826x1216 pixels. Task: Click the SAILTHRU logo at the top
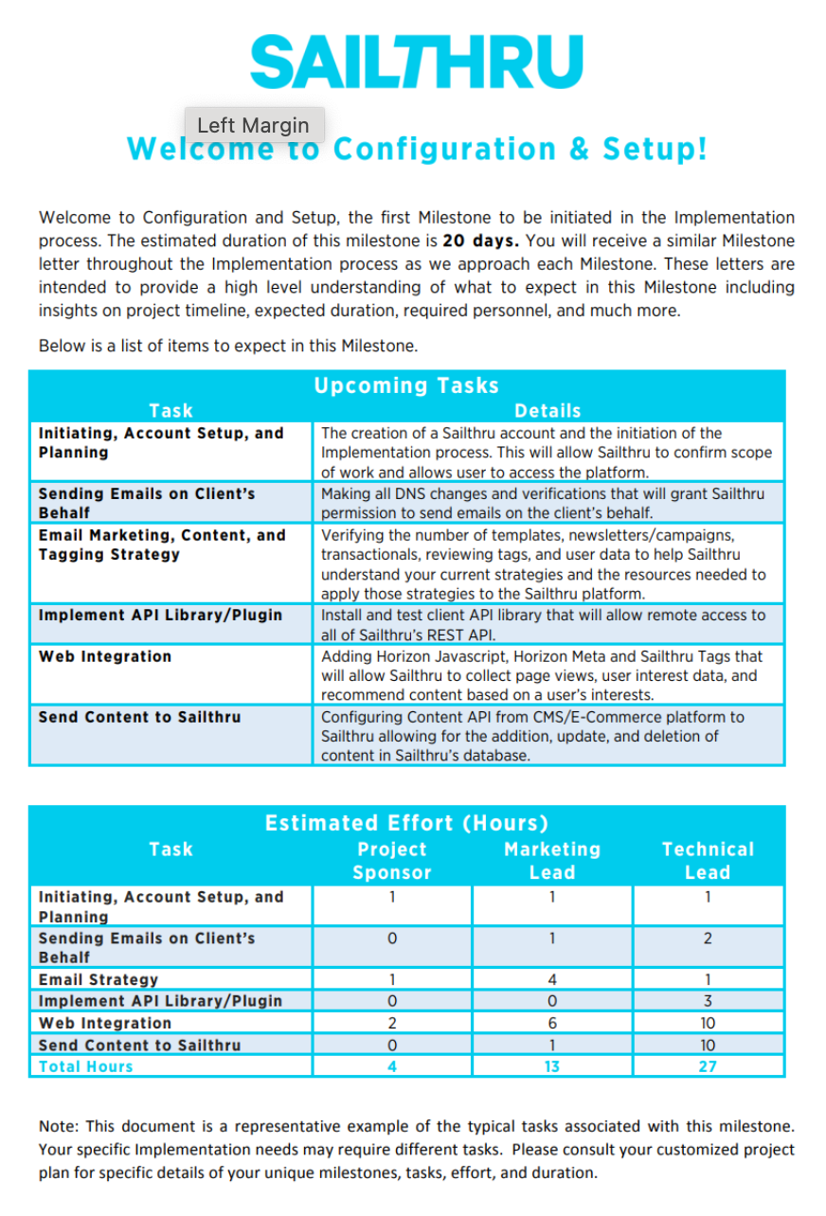coord(416,63)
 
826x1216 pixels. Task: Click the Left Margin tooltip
coord(254,125)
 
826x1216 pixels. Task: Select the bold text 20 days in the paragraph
coord(482,241)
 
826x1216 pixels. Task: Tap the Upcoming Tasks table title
coord(406,385)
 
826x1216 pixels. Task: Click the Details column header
coord(548,410)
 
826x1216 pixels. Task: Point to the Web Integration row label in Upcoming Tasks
coord(105,656)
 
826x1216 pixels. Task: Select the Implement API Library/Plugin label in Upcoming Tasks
coord(160,615)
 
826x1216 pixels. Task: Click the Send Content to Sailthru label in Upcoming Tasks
coord(139,717)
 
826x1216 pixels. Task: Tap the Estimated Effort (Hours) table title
coord(406,823)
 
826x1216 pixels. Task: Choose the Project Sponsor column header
coord(392,861)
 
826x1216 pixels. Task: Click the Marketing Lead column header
coord(552,861)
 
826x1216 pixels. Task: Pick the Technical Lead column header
coord(708,861)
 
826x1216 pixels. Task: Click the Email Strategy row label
coord(99,979)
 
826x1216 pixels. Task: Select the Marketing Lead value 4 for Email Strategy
coord(552,979)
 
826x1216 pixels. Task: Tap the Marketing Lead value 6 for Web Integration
coord(552,1023)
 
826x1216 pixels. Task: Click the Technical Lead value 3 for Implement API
coord(708,1001)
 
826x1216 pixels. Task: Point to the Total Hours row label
coord(86,1066)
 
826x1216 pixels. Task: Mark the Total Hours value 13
coord(552,1066)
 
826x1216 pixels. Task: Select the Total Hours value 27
coord(708,1066)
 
